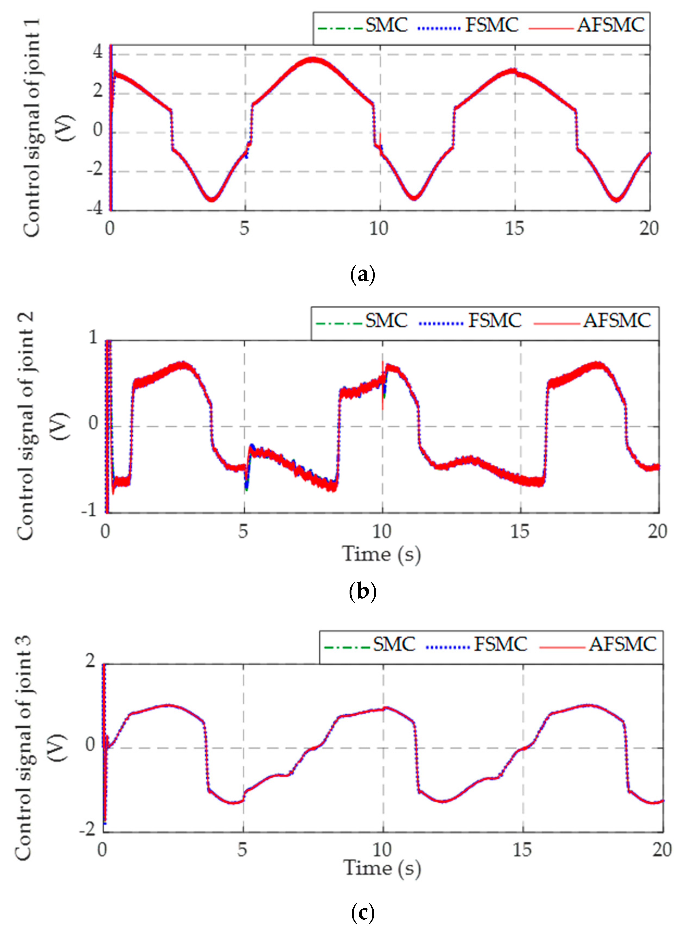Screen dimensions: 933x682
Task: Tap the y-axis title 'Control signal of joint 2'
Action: [x=26, y=426]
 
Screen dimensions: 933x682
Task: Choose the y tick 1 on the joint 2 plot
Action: [x=93, y=337]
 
